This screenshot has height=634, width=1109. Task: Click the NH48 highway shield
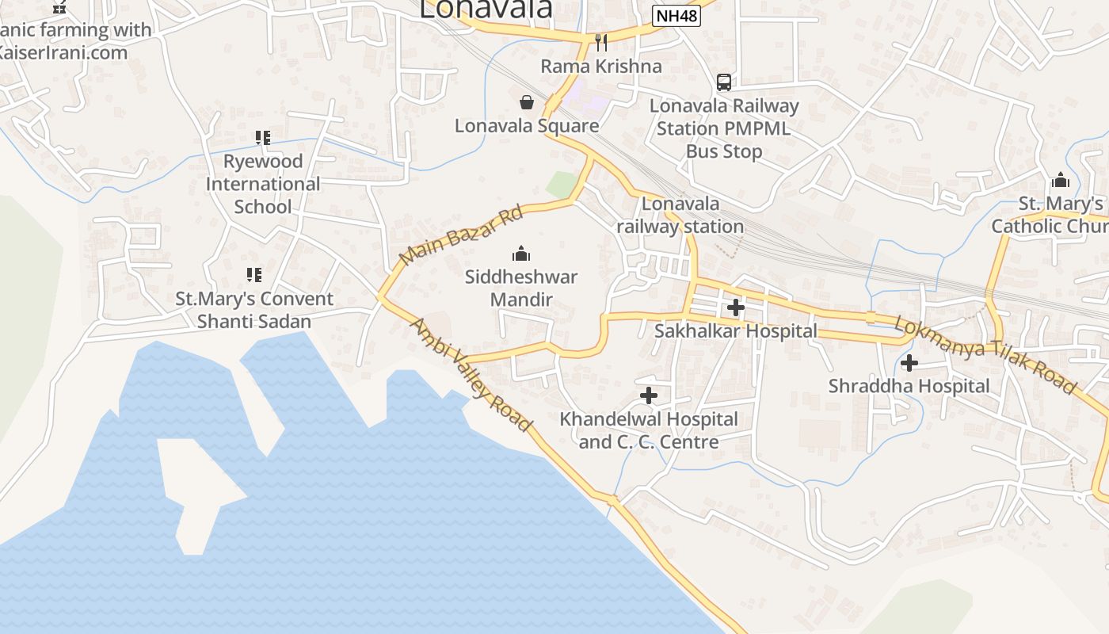coord(676,15)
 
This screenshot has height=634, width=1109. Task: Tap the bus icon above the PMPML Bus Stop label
coord(723,82)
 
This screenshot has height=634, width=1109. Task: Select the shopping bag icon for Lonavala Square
coord(526,102)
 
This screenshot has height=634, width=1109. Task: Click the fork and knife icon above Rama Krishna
coord(601,42)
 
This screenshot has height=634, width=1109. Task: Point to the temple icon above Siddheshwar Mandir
coord(520,254)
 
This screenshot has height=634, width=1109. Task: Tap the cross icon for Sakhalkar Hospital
coord(735,307)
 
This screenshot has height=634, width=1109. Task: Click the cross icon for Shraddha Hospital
coord(909,363)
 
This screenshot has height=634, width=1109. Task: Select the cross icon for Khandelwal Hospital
coord(649,395)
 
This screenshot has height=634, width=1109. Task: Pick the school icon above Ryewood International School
coord(262,138)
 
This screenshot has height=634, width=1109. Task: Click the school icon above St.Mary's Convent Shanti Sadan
coord(253,275)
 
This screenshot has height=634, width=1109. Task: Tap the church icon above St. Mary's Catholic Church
coord(1060,180)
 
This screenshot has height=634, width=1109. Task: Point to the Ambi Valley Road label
coord(471,375)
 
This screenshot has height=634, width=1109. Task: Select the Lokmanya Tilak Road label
coord(985,354)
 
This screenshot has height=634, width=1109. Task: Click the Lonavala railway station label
coord(680,215)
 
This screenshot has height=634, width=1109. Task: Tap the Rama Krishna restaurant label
coord(601,66)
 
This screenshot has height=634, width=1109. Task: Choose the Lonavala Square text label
coord(527,125)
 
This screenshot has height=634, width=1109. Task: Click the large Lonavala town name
coord(486,9)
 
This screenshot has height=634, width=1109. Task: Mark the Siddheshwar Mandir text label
coord(520,288)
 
